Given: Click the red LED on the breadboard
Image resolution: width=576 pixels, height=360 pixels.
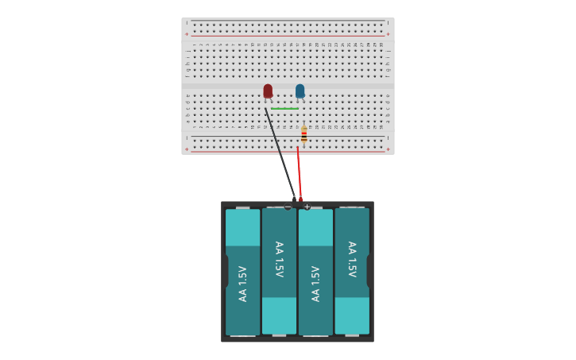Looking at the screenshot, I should pos(268,91).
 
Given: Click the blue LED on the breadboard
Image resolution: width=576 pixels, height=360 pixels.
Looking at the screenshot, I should pos(300,91).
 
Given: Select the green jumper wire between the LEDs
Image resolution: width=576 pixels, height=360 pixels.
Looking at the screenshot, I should pos(284,108).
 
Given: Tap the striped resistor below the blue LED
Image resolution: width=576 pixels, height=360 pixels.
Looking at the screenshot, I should pos(303,134).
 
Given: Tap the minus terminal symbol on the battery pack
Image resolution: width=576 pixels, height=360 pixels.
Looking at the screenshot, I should pos(288,207).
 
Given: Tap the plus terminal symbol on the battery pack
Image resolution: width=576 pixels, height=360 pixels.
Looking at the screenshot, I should pos(307,207).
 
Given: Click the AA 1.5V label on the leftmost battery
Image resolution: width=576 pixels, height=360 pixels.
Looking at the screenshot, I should pos(242,283).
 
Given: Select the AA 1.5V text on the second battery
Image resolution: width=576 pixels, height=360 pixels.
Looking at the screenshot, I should pos(279,259).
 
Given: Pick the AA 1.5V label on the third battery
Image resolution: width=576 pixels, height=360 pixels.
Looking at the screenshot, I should pos(315,283).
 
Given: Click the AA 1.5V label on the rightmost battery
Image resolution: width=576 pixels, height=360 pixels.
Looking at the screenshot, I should pos(352,259).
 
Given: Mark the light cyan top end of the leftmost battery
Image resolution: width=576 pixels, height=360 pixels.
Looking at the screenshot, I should pos(242,227).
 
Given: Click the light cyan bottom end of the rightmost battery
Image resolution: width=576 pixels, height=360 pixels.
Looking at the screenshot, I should pos(352,315).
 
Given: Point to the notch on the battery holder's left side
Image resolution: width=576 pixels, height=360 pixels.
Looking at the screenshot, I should pos(226,271).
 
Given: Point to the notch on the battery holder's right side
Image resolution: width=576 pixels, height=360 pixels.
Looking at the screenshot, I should pos(369,271).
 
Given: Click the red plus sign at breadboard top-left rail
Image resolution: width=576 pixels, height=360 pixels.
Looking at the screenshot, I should pos(187,34).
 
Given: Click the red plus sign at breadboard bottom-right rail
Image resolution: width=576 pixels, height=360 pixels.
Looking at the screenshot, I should pos(388,149).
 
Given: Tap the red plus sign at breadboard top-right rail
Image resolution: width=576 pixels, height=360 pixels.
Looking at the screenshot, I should pos(388,34).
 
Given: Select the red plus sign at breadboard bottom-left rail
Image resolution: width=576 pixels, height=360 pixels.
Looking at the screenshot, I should pos(187,149).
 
